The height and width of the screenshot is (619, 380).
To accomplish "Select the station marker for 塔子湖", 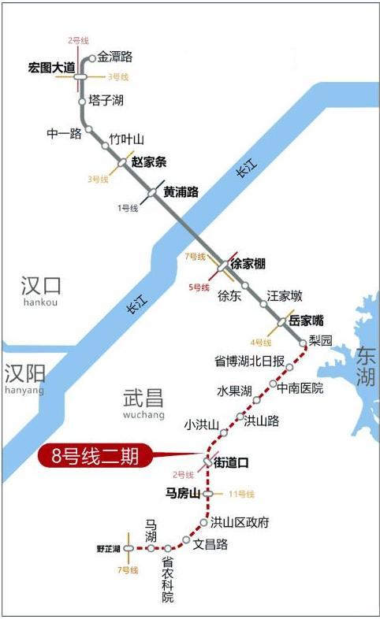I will click(x=82, y=102).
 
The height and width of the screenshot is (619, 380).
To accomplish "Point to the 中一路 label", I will click(x=64, y=133).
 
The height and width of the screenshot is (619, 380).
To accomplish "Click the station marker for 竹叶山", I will click(x=105, y=146).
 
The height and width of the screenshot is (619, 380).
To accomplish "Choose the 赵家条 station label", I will click(x=149, y=163).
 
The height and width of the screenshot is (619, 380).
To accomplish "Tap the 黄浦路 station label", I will click(x=181, y=191).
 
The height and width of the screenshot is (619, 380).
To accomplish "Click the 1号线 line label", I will click(x=127, y=208).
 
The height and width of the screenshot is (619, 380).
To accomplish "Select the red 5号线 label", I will click(x=199, y=287).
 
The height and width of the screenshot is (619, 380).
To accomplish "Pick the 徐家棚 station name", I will click(x=248, y=265).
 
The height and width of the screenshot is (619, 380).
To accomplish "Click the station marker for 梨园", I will click(x=304, y=343).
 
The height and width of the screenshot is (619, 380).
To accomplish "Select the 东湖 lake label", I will click(x=366, y=365).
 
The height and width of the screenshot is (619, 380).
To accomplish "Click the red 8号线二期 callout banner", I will click(x=94, y=456).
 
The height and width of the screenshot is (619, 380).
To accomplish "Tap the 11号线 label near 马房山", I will click(x=241, y=495).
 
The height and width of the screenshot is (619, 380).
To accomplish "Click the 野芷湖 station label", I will click(x=108, y=549).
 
